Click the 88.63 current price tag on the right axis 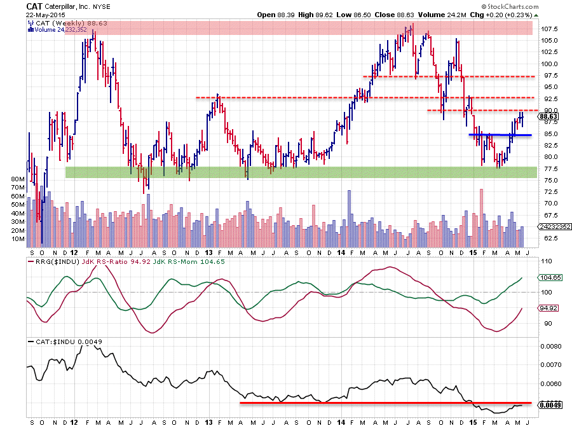click(x=548, y=116)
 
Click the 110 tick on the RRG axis click(x=545, y=261)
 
